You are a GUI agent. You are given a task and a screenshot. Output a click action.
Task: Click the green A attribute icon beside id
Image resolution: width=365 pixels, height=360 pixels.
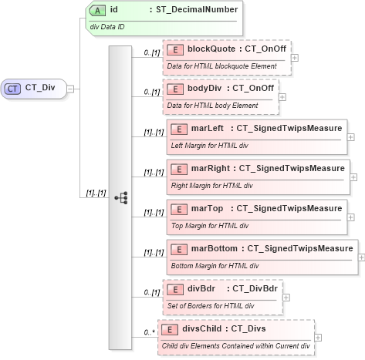point(99,12)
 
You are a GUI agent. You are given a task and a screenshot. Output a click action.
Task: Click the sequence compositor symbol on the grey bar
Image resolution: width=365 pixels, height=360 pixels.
point(120,197)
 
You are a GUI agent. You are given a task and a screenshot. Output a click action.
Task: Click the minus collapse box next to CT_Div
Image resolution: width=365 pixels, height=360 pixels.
point(70,89)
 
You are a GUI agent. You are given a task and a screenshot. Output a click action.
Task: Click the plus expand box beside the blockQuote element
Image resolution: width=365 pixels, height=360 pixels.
point(296,57)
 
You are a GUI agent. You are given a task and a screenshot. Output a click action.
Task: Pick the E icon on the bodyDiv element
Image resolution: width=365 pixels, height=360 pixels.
point(176,88)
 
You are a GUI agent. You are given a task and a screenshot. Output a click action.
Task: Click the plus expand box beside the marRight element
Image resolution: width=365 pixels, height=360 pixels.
point(354,177)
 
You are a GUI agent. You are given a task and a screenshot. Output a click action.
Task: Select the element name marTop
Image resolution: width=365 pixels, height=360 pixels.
point(206,208)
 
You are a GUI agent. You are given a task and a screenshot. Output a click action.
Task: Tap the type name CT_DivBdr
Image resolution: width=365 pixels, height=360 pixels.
point(259,288)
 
